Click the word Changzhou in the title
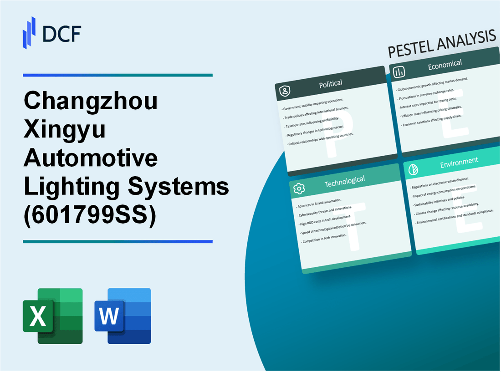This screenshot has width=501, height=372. (x=91, y=101)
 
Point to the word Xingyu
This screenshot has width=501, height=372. (x=65, y=130)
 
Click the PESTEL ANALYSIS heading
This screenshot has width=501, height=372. (x=441, y=45)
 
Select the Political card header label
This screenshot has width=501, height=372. (x=331, y=83)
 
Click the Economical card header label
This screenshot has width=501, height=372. (x=445, y=65)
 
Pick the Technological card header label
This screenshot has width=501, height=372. (x=344, y=181)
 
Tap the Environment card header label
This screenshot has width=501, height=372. (x=458, y=161)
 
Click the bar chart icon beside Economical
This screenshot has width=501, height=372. (x=399, y=72)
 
